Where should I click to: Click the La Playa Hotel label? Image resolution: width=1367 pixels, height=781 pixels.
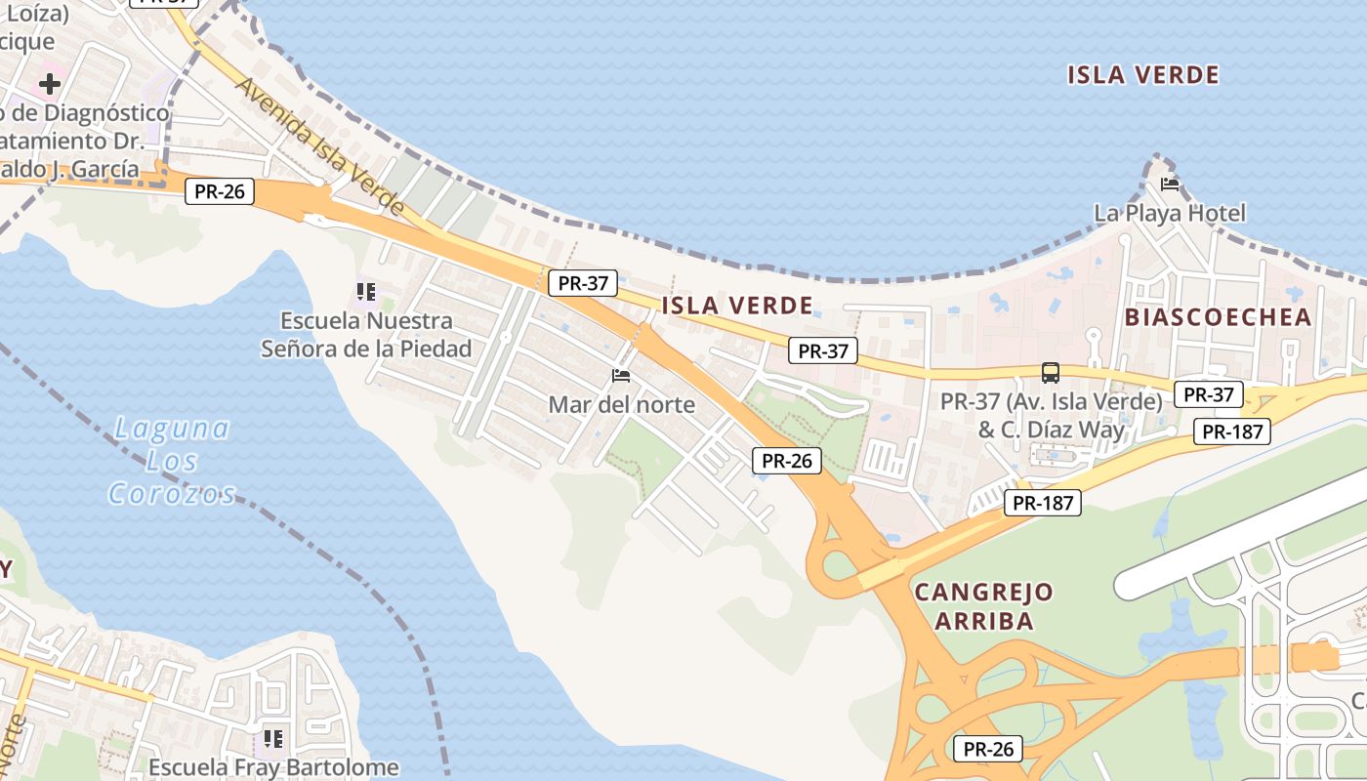tap(1169, 213)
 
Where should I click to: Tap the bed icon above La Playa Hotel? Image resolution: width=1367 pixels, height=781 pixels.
tap(1169, 184)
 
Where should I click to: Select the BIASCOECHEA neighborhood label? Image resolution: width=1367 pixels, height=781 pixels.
tap(1218, 316)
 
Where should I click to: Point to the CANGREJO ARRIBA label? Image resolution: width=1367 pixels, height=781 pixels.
tap(983, 606)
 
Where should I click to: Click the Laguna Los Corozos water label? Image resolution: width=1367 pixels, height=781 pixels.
tap(172, 460)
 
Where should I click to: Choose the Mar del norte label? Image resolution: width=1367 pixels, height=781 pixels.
tap(621, 404)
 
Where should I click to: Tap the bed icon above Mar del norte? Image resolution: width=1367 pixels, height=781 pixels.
tap(620, 376)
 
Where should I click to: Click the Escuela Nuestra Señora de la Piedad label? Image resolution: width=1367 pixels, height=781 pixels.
tap(366, 334)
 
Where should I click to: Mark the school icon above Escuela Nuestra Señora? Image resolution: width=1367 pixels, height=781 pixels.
tap(366, 291)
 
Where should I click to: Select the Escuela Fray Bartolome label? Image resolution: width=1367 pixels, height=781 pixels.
tap(273, 767)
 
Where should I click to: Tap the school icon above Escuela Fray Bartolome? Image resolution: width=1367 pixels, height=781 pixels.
tap(273, 738)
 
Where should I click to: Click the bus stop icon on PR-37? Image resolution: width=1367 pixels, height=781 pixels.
tap(1051, 372)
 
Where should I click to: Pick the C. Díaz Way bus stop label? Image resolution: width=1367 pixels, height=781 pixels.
tap(1051, 416)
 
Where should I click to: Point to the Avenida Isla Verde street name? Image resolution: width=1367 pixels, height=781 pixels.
tap(319, 146)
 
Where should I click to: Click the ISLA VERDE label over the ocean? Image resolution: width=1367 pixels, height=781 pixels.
tap(1142, 75)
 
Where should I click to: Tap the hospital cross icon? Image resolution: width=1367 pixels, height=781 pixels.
tap(50, 84)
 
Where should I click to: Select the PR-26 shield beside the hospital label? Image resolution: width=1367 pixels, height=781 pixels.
tap(219, 191)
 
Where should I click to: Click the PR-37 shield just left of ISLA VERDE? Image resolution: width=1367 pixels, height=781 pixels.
tap(583, 284)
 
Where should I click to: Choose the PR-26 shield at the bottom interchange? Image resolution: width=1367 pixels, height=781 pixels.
tap(988, 749)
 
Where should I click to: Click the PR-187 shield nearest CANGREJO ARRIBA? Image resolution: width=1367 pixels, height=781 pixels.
tap(1043, 503)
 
